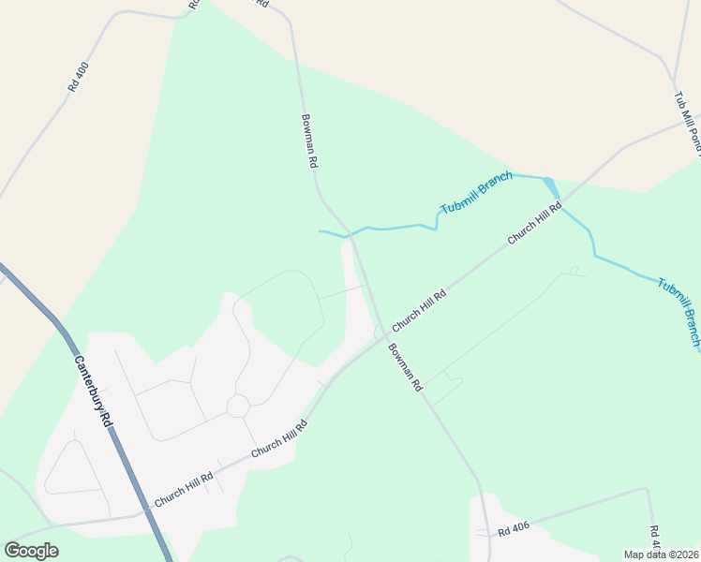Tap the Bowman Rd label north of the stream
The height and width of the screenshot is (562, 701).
tap(310, 140)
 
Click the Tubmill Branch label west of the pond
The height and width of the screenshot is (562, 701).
tap(477, 193)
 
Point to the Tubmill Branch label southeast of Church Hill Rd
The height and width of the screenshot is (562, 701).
tap(679, 312)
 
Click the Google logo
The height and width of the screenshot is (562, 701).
tap(31, 550)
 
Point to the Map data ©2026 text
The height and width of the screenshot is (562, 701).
tap(661, 555)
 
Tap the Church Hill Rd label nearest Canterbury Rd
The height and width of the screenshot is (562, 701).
tap(184, 488)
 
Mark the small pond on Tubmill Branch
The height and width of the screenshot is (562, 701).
tap(551, 186)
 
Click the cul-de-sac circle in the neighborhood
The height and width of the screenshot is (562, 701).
tap(237, 406)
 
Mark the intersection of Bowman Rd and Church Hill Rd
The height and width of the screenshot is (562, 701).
tap(382, 334)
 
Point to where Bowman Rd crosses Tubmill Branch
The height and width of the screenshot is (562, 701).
tap(350, 232)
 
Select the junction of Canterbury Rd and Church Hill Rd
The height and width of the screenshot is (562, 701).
tap(144, 512)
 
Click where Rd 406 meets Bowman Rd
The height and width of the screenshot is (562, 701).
tap(486, 535)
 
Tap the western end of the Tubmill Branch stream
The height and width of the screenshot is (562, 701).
tap(321, 230)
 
